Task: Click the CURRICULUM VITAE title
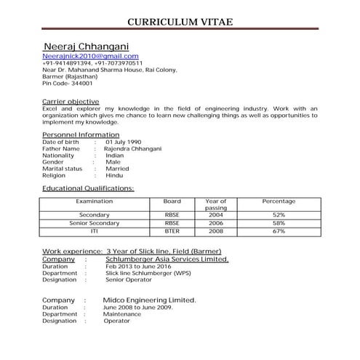[180, 20]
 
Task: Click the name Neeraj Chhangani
[90, 46]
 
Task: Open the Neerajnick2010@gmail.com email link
[90, 56]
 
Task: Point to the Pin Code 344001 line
[69, 84]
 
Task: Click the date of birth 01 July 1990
[123, 142]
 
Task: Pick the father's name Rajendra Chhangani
[133, 149]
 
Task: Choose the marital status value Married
[117, 169]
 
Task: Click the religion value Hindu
[114, 175]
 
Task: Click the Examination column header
[95, 201]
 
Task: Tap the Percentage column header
[279, 201]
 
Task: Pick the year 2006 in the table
[216, 223]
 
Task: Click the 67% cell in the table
[279, 231]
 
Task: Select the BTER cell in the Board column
[172, 231]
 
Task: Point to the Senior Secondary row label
[95, 223]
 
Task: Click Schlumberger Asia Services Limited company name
[167, 259]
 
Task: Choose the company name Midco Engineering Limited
[150, 300]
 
